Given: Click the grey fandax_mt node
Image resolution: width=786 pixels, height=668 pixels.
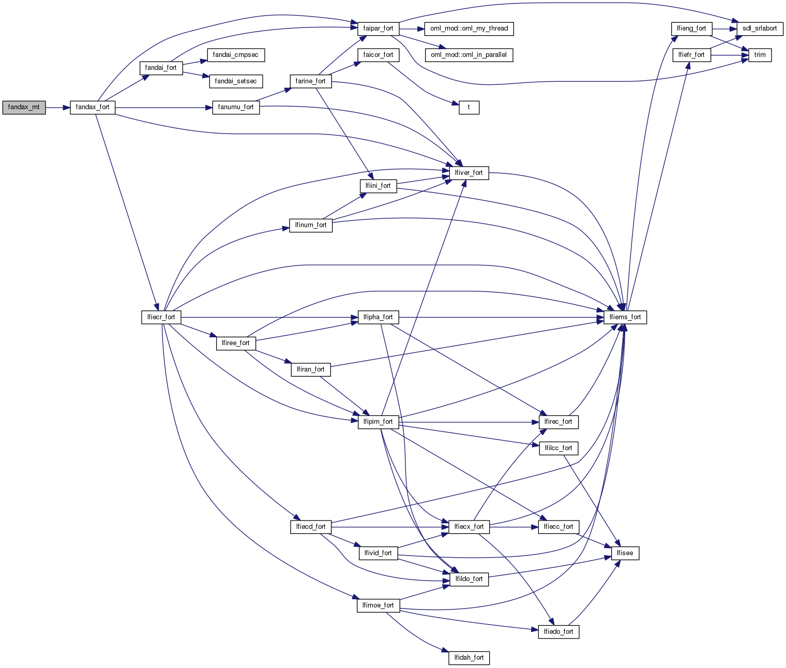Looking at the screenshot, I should (24, 108).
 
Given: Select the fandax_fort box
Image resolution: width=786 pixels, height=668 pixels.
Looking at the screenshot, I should (93, 108).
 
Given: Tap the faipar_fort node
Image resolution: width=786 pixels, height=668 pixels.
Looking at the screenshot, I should (378, 28).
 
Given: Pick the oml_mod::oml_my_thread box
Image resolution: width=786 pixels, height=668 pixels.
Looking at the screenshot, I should (469, 28).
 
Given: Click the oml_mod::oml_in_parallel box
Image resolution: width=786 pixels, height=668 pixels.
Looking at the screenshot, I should (468, 55).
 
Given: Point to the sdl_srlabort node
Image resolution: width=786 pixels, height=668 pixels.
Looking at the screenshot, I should (760, 28).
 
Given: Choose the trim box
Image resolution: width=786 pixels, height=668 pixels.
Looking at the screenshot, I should (760, 55).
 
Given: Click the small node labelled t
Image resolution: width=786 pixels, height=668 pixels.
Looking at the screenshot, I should (469, 108).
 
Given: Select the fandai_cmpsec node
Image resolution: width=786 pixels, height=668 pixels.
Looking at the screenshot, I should (236, 55).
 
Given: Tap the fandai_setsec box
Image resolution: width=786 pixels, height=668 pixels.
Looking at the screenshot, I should (236, 81).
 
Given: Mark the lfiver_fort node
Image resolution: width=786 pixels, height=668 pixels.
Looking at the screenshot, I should (469, 173).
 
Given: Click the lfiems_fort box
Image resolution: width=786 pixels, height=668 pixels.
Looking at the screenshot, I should (625, 317).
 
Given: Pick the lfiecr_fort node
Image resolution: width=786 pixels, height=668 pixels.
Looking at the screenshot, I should (161, 317).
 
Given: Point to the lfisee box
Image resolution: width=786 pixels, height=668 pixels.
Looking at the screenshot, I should (625, 553).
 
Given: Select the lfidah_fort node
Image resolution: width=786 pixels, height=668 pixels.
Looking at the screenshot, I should (469, 658).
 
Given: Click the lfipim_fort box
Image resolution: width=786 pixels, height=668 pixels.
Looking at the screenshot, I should (378, 422).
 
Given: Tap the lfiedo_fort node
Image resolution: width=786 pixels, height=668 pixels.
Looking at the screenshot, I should (558, 632).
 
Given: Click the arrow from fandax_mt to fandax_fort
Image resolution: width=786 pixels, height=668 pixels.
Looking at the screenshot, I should (57, 108).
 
